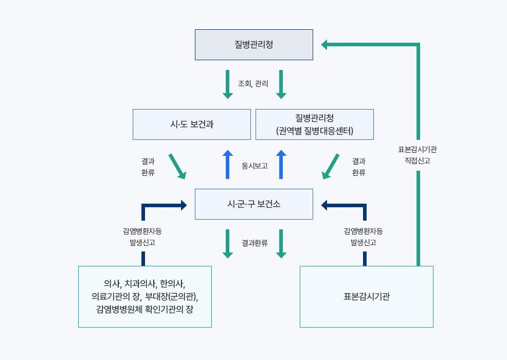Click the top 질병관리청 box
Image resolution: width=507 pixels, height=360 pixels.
click(254, 45)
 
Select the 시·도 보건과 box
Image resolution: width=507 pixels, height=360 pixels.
click(191, 124)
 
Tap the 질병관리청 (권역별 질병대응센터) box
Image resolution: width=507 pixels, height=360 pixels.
click(314, 124)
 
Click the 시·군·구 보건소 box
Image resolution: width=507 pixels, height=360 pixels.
click(254, 204)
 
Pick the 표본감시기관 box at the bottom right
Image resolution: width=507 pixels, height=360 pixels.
click(366, 297)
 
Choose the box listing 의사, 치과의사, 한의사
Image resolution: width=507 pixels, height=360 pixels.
click(144, 297)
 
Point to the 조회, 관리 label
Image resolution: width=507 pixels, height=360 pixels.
click(253, 83)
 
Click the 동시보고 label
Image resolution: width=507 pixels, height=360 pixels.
click(255, 166)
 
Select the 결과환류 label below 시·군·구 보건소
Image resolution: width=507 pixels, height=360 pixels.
click(255, 243)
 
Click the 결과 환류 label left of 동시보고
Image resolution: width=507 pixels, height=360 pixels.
click(148, 167)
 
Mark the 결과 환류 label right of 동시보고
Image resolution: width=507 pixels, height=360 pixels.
click(359, 167)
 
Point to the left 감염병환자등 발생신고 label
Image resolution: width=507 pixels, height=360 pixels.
click(142, 237)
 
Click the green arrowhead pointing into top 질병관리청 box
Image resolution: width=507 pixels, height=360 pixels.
click(325, 45)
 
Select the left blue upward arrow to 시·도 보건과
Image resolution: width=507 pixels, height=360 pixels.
click(227, 165)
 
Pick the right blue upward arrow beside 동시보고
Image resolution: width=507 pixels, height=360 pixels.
click(281, 165)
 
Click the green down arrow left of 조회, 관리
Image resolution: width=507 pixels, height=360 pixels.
click(227, 84)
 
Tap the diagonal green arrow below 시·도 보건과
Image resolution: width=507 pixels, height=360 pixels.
click(177, 166)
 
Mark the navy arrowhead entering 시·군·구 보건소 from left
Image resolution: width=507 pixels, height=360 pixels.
click(183, 205)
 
